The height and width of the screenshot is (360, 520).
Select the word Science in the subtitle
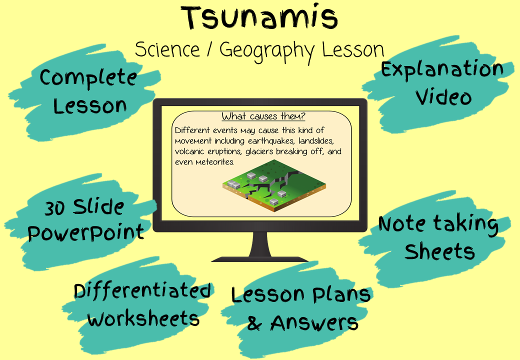tap(167, 49)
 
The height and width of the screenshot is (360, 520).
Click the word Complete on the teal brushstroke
tap(88, 78)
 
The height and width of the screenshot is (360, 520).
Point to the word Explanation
tap(442, 70)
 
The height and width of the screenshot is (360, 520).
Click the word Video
tap(443, 97)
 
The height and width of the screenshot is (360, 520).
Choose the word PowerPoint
tap(86, 233)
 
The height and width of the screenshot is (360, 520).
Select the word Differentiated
tap(142, 290)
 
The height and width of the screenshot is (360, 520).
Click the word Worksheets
tap(143, 319)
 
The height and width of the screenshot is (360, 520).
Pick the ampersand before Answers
tap(254, 323)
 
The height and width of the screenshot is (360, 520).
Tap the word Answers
tap(314, 323)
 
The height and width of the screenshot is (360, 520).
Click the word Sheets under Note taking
tap(439, 251)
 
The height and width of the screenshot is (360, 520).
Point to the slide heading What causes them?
tap(263, 116)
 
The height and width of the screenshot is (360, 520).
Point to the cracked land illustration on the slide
tap(274, 185)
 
